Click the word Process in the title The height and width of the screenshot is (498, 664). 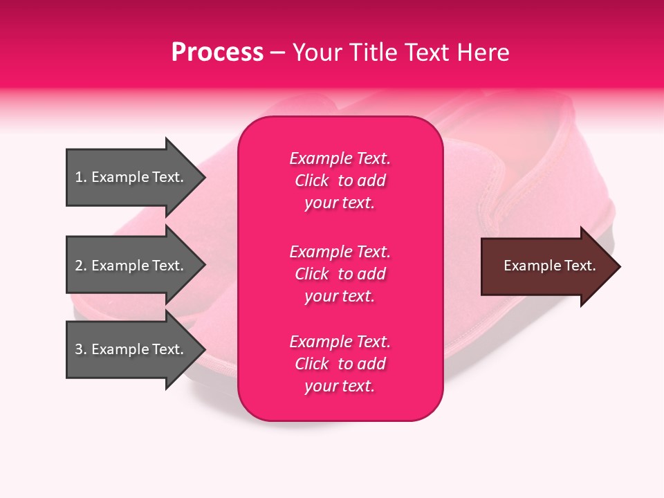(217, 53)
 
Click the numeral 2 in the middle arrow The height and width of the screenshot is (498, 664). (79, 266)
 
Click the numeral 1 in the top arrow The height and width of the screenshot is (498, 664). (79, 177)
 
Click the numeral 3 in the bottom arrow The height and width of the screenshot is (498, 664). (79, 349)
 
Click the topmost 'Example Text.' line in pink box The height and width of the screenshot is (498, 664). (340, 158)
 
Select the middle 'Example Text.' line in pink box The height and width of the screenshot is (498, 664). (340, 251)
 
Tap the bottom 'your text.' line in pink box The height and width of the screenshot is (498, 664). (340, 386)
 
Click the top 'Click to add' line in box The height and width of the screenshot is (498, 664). (340, 181)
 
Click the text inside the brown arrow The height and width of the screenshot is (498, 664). (549, 266)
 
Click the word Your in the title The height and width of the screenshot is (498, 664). (315, 53)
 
